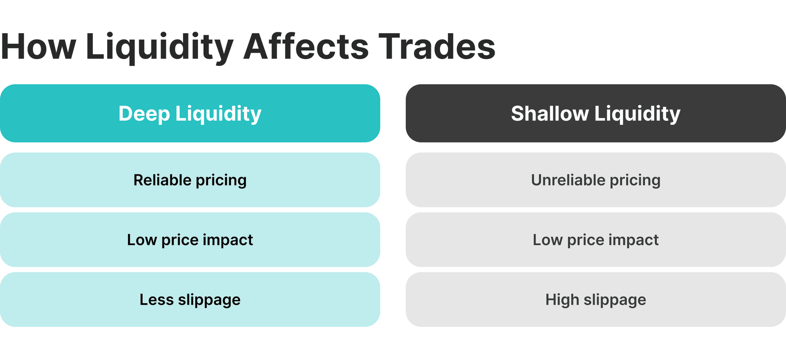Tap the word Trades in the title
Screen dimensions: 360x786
437,46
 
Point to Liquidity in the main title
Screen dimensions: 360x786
160,47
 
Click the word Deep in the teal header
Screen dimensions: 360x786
144,113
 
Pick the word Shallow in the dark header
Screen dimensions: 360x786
549,113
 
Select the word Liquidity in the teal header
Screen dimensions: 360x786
218,114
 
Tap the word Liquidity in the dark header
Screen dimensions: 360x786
637,114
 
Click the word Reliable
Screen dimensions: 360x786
162,180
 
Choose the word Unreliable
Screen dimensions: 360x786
568,180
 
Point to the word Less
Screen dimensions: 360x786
156,299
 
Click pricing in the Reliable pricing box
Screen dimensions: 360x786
221,181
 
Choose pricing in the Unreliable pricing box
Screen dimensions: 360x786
635,181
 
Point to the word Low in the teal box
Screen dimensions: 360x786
142,240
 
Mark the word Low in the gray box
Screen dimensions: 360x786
547,240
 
